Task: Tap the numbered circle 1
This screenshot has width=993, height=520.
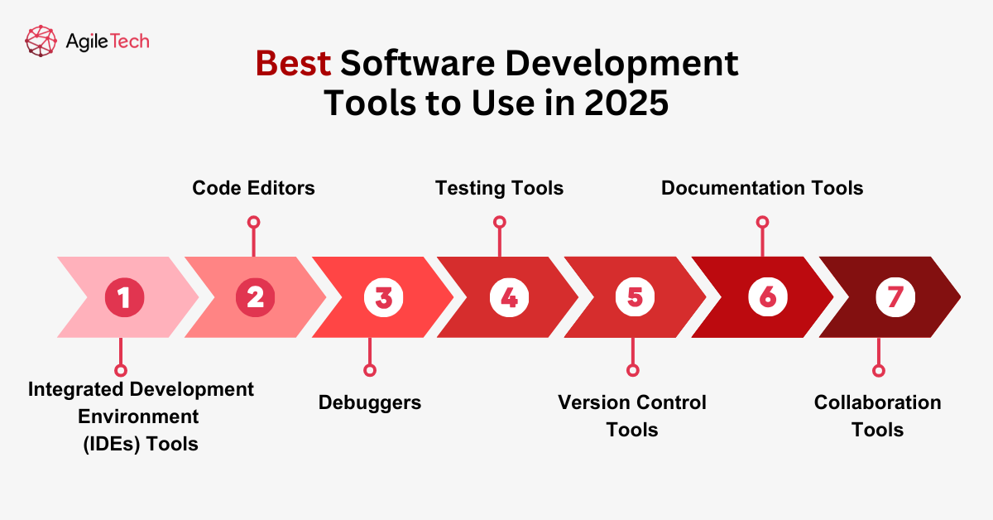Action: (x=124, y=296)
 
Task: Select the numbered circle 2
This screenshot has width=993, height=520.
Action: (x=254, y=296)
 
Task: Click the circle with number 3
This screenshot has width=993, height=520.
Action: (x=381, y=296)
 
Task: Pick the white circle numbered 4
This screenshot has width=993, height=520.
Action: (x=509, y=296)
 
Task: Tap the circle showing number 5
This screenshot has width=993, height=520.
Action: (x=636, y=296)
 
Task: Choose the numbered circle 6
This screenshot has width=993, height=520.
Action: (x=762, y=296)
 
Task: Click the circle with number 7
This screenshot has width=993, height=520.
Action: (x=894, y=296)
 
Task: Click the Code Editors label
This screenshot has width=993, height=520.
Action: (x=253, y=188)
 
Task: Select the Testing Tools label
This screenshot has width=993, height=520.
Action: (x=499, y=188)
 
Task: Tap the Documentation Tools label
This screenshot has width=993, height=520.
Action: (x=761, y=188)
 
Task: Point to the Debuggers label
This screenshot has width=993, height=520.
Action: (x=370, y=402)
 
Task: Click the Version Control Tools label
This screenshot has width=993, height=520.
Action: (x=632, y=416)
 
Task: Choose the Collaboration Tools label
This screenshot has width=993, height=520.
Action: (x=877, y=416)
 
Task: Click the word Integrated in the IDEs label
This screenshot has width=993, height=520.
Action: (x=77, y=388)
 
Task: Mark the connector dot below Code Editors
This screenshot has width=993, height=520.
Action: (x=254, y=222)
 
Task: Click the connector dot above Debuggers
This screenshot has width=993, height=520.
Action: (x=370, y=370)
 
